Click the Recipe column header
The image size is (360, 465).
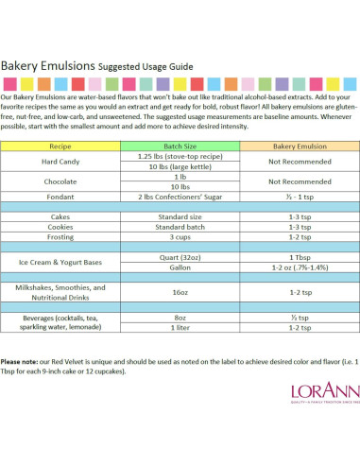tap(60, 147)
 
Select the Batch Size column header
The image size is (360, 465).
tap(180, 147)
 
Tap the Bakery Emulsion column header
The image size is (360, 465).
tap(299, 147)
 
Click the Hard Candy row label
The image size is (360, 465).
tap(60, 162)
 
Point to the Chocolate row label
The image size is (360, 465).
tap(60, 181)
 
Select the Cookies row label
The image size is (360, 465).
tap(60, 227)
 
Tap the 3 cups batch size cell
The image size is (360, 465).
tap(180, 237)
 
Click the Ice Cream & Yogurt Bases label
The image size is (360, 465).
tap(60, 262)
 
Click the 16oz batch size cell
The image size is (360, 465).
tap(180, 293)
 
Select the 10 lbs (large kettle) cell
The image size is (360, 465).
tap(180, 166)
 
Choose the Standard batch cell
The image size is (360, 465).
tap(180, 227)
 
